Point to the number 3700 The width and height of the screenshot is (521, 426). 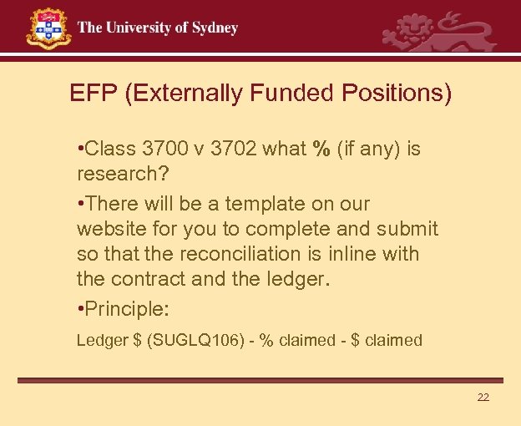tap(165, 150)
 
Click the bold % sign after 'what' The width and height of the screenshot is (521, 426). tap(321, 150)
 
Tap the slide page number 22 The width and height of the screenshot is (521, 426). tap(483, 397)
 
